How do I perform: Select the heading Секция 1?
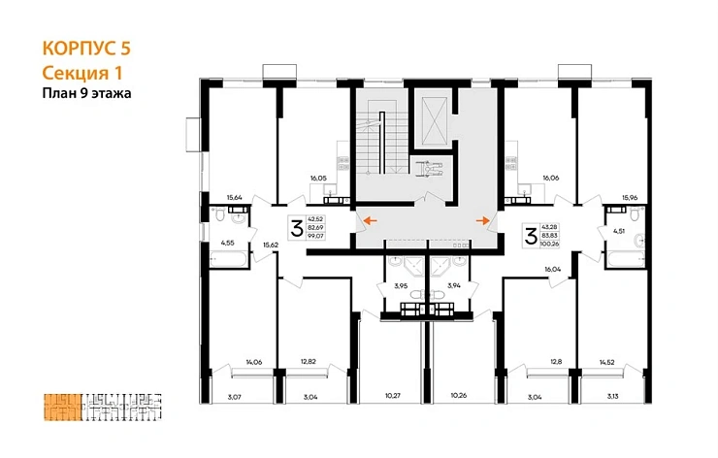(x=83, y=72)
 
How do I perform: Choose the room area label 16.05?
(x=319, y=178)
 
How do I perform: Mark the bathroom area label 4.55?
(x=227, y=243)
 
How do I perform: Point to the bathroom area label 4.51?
(x=619, y=231)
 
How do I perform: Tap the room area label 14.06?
(x=253, y=362)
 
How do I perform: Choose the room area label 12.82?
(x=309, y=361)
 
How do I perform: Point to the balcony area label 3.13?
(x=611, y=396)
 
